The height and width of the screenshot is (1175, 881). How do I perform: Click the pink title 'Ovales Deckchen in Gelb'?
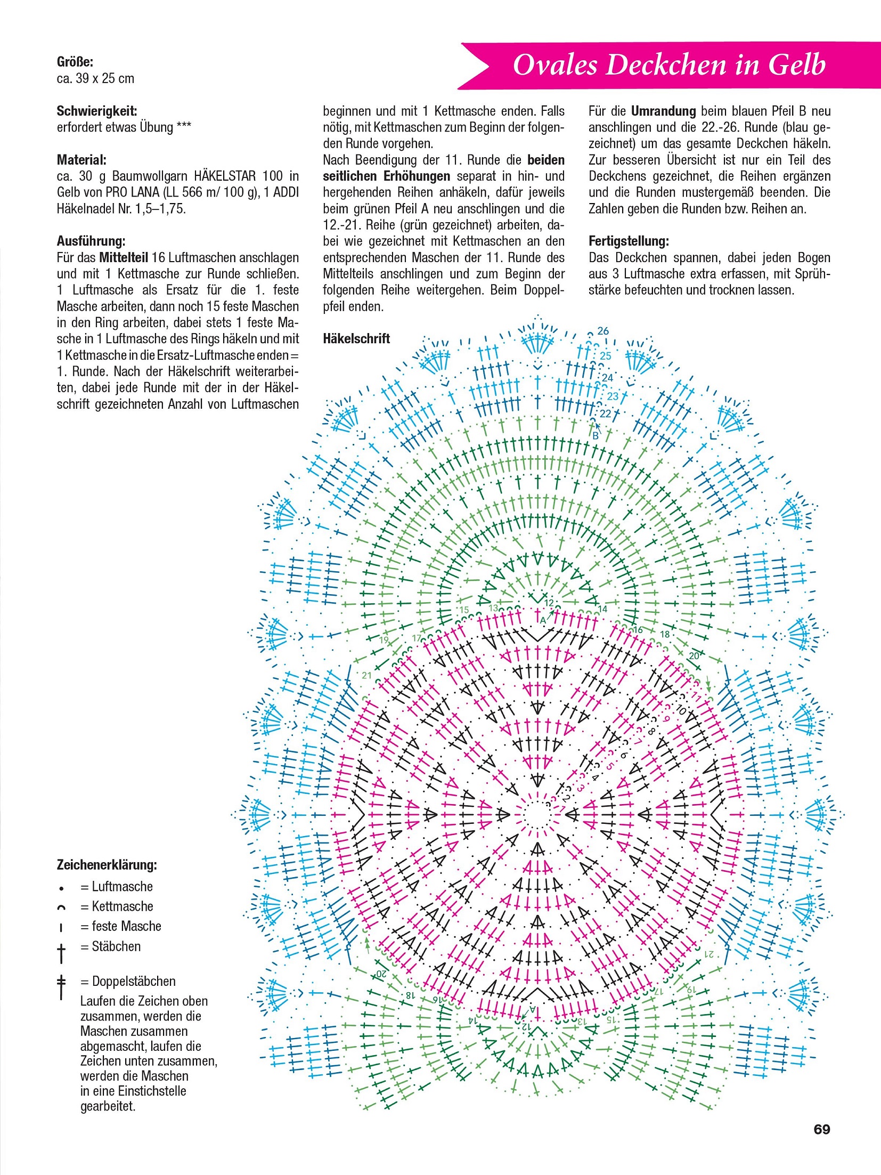coord(669,65)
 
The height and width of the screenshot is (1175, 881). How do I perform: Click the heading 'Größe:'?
coord(75,62)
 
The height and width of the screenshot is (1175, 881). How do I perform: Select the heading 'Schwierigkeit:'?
coord(97,111)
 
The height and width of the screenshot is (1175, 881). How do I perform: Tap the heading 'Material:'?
coord(81,159)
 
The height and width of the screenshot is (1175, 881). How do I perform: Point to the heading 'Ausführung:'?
coord(91,241)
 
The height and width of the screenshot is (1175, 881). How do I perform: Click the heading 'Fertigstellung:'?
coord(629,241)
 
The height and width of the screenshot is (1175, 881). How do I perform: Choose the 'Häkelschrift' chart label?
coord(356,338)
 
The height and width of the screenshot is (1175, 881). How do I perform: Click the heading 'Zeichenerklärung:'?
coord(107,864)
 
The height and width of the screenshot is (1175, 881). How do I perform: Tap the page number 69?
coord(821,1129)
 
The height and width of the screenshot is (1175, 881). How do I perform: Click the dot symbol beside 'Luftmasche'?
coord(62,888)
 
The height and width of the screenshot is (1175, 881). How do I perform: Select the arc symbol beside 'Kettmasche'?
coord(62,907)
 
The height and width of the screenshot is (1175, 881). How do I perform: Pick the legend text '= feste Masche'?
coord(121,926)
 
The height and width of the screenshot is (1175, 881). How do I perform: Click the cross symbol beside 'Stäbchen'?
coord(62,952)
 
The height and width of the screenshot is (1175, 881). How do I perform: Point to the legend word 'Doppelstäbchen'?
coord(134,981)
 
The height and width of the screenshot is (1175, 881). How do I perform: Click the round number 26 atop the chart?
coord(603,331)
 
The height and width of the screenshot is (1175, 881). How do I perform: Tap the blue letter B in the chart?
coord(596,436)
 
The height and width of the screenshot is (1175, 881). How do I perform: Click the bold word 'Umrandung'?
coord(663,111)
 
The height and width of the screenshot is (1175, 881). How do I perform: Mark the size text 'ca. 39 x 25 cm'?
coord(95,78)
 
